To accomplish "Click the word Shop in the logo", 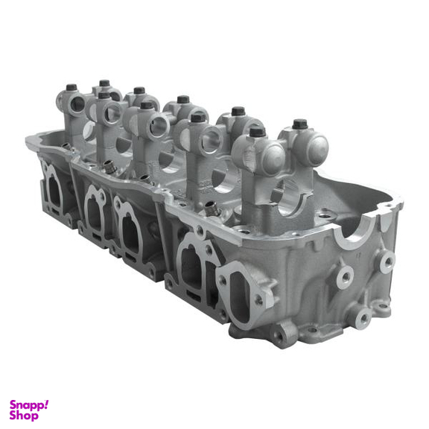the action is pyautogui.click(x=24, y=416).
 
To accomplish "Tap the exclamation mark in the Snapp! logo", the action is pyautogui.click(x=46, y=404).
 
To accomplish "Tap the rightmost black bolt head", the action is pyautogui.click(x=300, y=124).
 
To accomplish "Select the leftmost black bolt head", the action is pyautogui.click(x=71, y=87).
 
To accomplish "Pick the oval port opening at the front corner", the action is pyautogui.click(x=241, y=296).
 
